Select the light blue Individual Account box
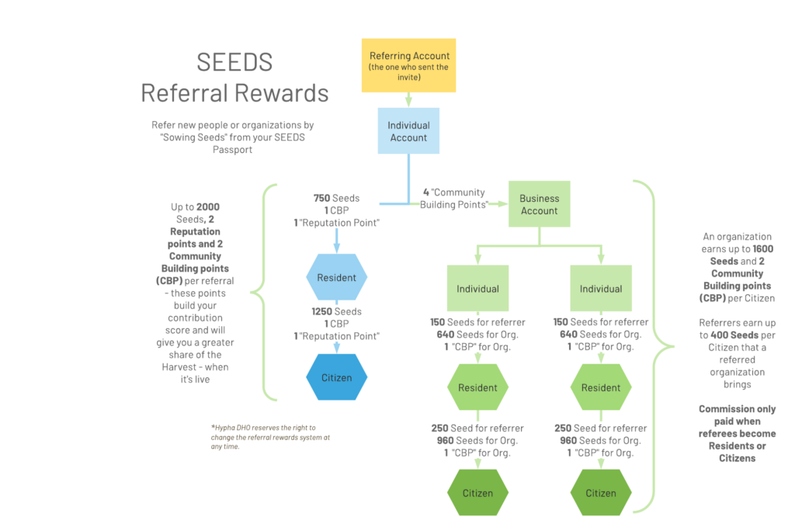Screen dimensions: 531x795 pyautogui.click(x=408, y=131)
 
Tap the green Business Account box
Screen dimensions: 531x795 pyautogui.click(x=539, y=204)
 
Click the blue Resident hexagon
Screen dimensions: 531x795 pyautogui.click(x=336, y=277)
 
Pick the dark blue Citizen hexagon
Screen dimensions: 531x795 pyautogui.click(x=336, y=378)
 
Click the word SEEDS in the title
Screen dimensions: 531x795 pyautogui.click(x=234, y=62)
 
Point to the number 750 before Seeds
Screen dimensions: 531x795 pyautogui.click(x=323, y=198)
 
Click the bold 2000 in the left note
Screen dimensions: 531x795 pyautogui.click(x=208, y=207)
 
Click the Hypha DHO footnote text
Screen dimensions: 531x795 pyautogui.click(x=270, y=437)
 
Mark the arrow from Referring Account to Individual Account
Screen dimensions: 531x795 pyautogui.click(x=408, y=99)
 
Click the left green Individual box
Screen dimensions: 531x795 pyautogui.click(x=477, y=289)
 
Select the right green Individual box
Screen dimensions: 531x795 pyautogui.click(x=601, y=289)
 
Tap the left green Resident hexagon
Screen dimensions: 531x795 pyautogui.click(x=477, y=387)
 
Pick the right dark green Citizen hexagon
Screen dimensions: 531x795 pyautogui.click(x=601, y=493)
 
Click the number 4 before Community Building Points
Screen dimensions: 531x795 pyautogui.click(x=425, y=193)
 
